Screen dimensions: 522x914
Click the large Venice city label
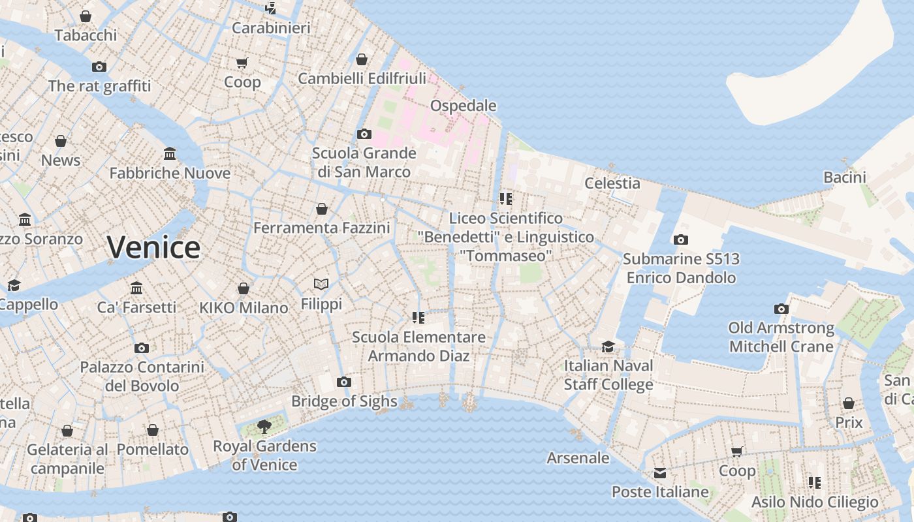coord(153,247)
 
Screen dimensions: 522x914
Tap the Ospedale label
coord(463,106)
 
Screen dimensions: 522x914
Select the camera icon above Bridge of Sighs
coord(344,382)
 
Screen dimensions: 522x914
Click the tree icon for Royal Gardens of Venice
coord(264,427)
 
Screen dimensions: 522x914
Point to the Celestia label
coord(612,183)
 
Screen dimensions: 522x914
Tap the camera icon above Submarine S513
coord(681,239)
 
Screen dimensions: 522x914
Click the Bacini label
coord(844,177)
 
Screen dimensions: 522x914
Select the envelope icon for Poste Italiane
coord(660,472)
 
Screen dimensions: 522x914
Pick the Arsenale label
coord(578,458)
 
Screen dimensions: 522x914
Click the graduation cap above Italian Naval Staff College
coord(608,346)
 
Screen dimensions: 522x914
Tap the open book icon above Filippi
coord(321,284)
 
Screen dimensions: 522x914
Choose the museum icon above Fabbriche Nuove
coord(170,154)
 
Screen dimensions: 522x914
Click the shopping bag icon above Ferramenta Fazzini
coord(322,209)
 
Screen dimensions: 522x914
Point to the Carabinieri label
coord(271,28)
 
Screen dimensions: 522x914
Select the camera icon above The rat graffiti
coord(99,67)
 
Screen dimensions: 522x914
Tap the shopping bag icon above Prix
coord(849,403)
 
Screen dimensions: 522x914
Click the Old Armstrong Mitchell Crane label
coord(781,337)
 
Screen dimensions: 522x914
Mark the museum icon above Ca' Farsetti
coord(136,288)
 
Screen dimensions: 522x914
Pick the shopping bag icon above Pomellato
coord(153,430)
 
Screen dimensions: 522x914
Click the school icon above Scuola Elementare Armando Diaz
coord(418,318)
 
